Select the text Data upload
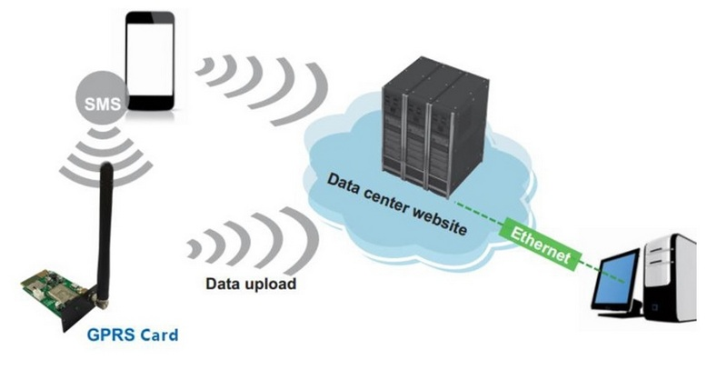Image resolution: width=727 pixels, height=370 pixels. [250, 283]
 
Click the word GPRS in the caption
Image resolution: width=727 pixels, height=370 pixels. [111, 335]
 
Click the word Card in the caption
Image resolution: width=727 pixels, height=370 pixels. [158, 335]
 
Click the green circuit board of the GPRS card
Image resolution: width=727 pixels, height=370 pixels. [50, 289]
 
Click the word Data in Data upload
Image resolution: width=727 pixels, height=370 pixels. [223, 283]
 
